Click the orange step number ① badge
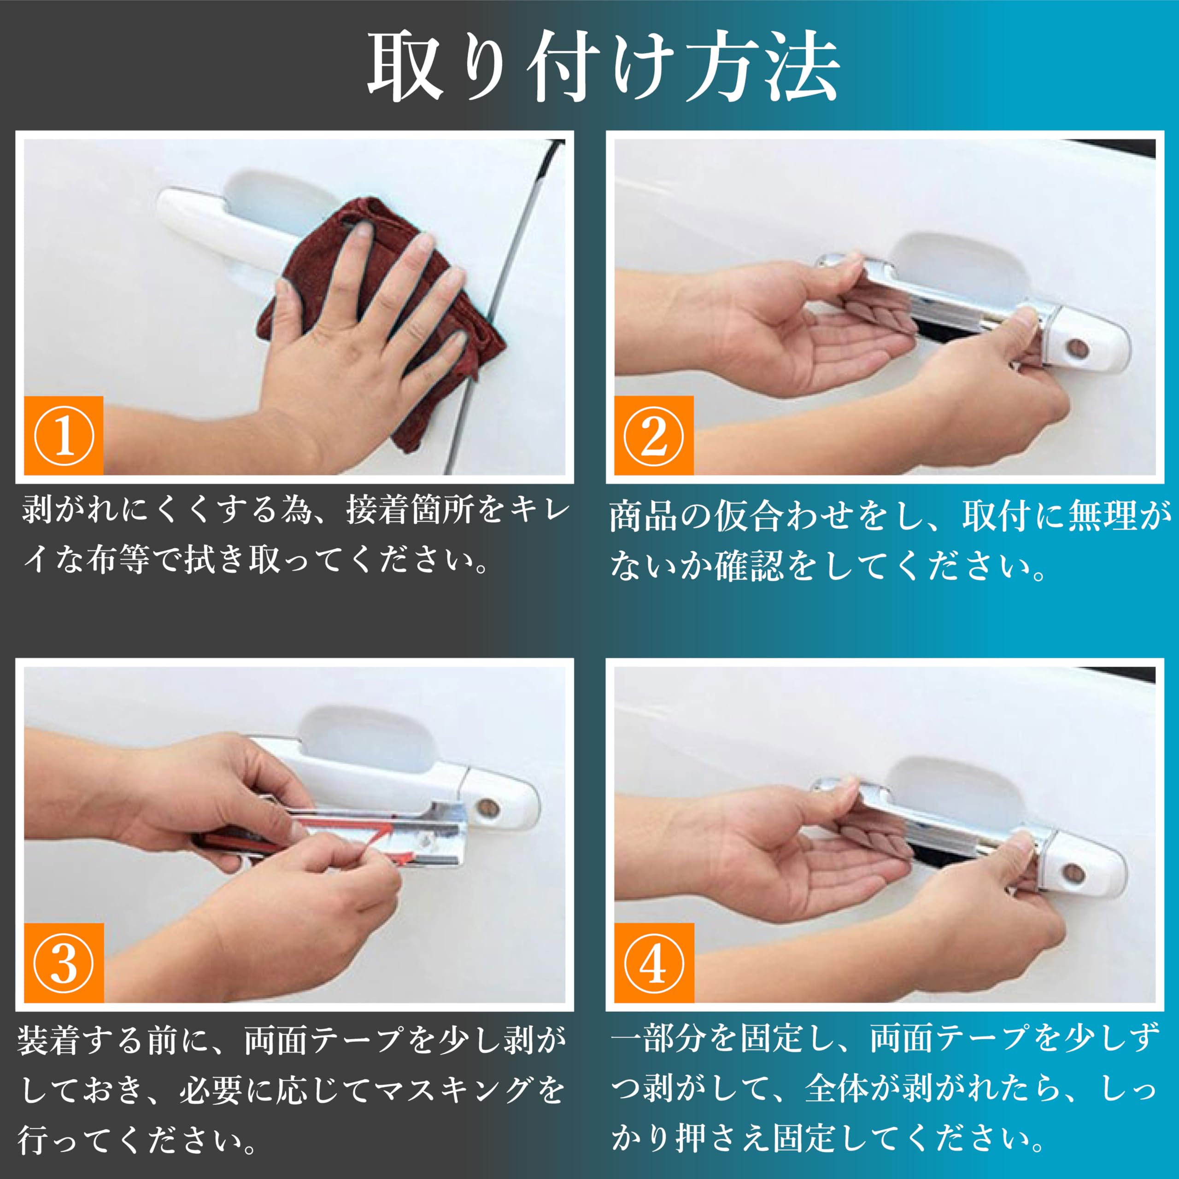click(64, 436)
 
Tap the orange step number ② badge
click(653, 436)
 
